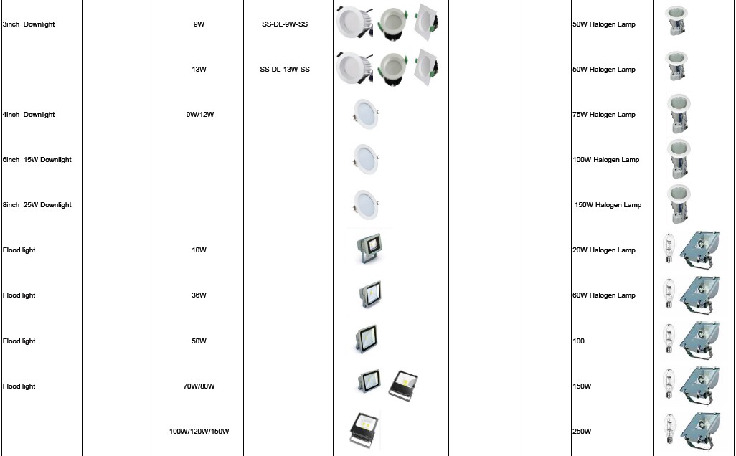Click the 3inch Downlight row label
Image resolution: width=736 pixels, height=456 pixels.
[29, 24]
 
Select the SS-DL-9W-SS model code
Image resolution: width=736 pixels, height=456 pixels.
[285, 24]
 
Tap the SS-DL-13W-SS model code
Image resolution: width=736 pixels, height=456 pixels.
[285, 70]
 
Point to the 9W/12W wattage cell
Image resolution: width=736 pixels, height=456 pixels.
[199, 115]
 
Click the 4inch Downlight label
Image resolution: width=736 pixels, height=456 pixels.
[29, 115]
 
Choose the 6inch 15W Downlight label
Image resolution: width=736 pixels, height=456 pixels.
[37, 160]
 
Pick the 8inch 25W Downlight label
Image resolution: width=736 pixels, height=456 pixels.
[37, 205]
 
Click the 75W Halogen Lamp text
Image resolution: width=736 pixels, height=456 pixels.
[604, 115]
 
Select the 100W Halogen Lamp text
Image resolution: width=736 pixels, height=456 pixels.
[606, 160]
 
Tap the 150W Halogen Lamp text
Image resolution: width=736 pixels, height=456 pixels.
[608, 205]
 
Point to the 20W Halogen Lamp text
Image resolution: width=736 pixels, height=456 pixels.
[604, 250]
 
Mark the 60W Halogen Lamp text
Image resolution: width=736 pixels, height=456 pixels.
[604, 295]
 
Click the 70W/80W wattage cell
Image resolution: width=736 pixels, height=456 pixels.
[199, 386]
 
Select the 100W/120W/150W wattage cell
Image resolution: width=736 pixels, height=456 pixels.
[199, 432]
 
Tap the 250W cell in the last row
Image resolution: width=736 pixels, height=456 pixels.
[582, 432]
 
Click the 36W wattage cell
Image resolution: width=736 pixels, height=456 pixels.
[199, 295]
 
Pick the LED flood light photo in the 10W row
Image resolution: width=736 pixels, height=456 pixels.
[369, 248]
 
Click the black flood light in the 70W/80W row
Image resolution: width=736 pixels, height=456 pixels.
[403, 384]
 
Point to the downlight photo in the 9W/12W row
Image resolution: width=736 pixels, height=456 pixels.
[364, 113]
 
